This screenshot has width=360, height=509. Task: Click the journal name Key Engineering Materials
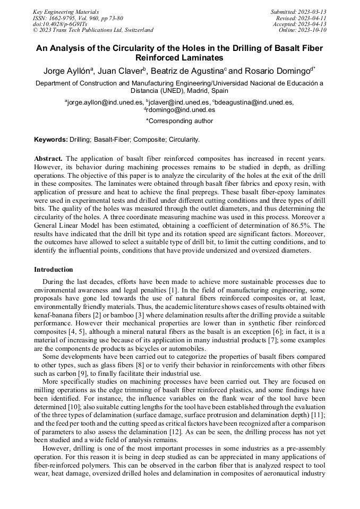(66, 12)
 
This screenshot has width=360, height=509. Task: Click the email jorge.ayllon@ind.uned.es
(105, 102)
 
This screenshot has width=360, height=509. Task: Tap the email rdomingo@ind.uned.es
(181, 110)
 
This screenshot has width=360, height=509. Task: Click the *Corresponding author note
(179, 121)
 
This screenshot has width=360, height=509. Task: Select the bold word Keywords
(50, 140)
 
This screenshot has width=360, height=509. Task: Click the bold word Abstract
(48, 159)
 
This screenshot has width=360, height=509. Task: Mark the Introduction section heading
(53, 270)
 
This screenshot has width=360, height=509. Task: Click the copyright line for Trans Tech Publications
(93, 30)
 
